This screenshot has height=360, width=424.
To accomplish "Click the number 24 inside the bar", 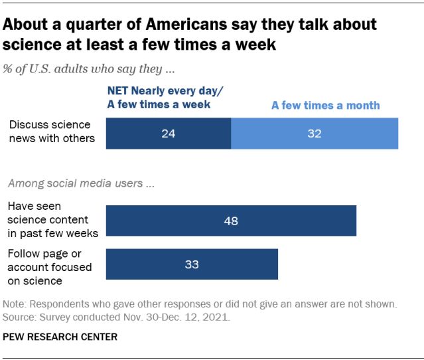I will click(x=169, y=134).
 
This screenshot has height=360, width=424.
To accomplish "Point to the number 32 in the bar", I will click(x=315, y=134).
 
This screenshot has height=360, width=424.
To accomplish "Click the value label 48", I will click(x=232, y=221).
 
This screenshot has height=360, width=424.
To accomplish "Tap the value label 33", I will click(x=192, y=264).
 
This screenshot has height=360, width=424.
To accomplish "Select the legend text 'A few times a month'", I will click(x=326, y=105).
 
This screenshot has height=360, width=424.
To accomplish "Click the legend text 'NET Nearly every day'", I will click(x=159, y=91).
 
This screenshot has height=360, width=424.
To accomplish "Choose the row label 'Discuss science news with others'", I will click(x=50, y=131).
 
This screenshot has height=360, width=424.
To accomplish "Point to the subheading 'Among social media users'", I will click(x=80, y=183).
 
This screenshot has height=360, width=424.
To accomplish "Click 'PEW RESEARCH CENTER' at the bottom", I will click(x=60, y=337).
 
